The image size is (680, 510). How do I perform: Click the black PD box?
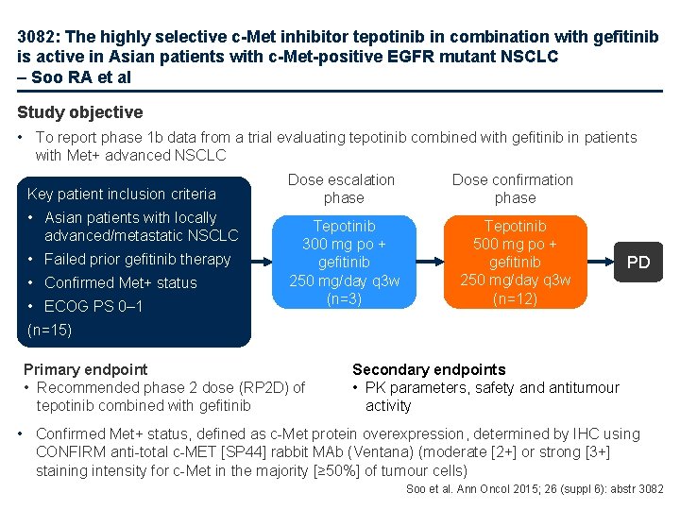[x=638, y=262]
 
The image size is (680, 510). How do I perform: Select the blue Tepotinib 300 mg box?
[x=344, y=262]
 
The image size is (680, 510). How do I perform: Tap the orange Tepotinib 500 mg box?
[x=515, y=262]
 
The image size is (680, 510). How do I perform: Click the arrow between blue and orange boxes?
[x=430, y=262]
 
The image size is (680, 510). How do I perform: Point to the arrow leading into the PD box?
[x=601, y=262]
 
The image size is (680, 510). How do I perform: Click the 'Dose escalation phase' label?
[x=341, y=189]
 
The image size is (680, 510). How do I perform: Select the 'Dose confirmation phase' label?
[x=513, y=189]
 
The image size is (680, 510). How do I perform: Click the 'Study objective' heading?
[x=80, y=112]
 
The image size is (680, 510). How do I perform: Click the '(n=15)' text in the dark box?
[x=50, y=331]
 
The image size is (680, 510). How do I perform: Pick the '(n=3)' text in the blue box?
[x=344, y=298]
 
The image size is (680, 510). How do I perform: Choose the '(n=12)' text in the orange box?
[x=515, y=298]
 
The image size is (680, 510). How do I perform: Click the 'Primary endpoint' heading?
[x=86, y=369]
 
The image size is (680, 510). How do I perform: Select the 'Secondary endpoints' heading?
[x=429, y=369]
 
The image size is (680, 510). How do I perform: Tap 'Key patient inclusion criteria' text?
[x=122, y=194]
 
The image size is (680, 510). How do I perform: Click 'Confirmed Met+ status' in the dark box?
[x=121, y=282]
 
